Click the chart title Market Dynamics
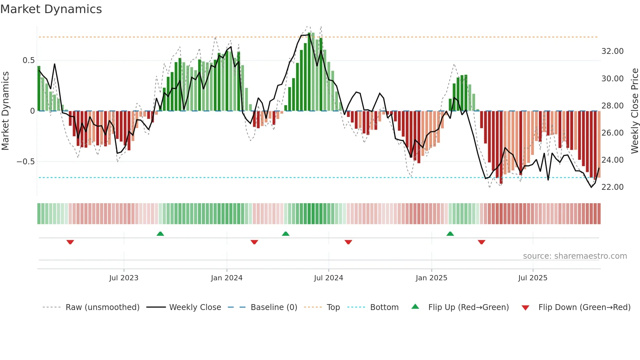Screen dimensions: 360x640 pos(51,9)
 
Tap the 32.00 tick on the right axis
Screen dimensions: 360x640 pos(612,51)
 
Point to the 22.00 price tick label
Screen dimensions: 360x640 pos(612,187)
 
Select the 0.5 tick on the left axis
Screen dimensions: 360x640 pos(28,60)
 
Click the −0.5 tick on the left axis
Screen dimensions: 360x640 pos(26,162)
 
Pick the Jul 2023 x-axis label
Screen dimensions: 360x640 pos(124,278)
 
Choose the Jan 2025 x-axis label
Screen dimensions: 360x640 pos(431,278)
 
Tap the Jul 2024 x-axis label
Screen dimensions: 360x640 pos(328,278)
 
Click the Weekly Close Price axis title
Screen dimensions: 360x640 pos(634,111)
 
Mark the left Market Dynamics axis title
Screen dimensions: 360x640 pos(6,111)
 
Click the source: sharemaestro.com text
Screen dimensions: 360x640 pos(575,256)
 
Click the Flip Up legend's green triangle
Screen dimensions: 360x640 pos(415,306)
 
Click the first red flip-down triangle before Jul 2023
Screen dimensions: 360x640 pos(70,242)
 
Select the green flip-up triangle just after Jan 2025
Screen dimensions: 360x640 pos(450,234)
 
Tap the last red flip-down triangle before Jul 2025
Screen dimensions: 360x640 pos(481,242)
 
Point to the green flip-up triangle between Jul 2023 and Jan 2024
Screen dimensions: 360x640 pos(160,234)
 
